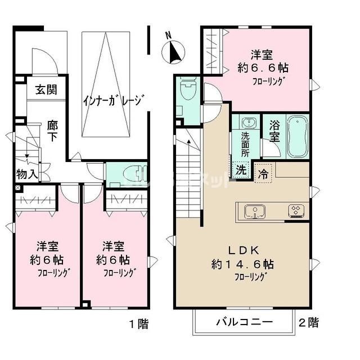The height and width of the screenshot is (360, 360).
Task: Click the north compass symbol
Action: (173, 52)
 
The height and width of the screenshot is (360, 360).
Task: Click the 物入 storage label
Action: (27, 174)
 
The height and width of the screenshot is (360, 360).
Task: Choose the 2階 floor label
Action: (308, 323)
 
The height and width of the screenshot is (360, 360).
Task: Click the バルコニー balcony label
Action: (245, 323)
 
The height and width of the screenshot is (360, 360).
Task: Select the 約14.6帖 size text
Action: (242, 263)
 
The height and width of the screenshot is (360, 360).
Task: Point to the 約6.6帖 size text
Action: (262, 67)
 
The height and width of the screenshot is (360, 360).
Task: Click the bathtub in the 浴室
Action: (297, 138)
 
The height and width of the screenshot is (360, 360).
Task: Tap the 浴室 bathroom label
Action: (275, 130)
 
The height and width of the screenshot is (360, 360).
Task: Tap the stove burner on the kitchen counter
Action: (296, 211)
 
